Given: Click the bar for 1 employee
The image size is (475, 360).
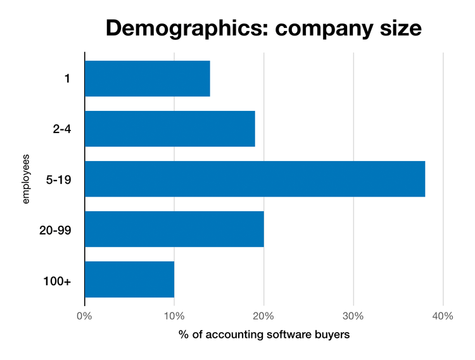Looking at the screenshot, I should [147, 79].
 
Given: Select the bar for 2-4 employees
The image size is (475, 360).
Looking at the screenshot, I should [169, 129].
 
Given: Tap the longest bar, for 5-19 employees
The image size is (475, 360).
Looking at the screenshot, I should [254, 179].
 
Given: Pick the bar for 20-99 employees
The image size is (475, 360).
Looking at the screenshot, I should [174, 229].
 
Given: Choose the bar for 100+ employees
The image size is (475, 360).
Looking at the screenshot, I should [129, 279].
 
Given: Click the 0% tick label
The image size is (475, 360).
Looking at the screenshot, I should [84, 316].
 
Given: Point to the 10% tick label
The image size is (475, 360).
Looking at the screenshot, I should [174, 316].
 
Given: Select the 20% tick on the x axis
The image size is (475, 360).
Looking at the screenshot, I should [263, 316].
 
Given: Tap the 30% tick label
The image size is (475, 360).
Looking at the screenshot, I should [353, 316].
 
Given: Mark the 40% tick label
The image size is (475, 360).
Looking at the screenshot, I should [443, 316].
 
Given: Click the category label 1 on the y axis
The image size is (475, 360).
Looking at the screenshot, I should [66, 79].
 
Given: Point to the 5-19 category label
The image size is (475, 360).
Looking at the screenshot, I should [58, 179].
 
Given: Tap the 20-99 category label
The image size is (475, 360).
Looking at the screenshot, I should [56, 229].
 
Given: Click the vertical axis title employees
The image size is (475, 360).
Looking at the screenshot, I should [26, 179].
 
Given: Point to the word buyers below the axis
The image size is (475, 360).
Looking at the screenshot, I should [332, 334].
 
